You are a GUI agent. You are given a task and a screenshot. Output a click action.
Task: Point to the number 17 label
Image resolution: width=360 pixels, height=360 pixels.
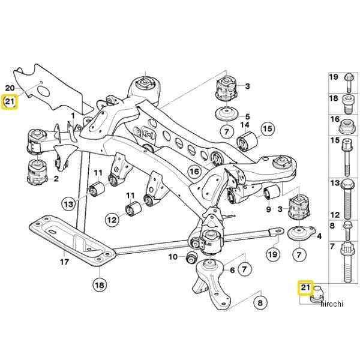tap(64, 262)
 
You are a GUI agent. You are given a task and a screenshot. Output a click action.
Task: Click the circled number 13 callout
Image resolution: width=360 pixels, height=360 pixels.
tap(69, 205)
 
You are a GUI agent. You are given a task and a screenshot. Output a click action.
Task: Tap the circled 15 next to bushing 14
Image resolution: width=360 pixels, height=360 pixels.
tap(267, 128)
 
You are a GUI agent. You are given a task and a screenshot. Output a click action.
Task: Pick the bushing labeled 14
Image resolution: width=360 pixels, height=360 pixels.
tap(247, 143)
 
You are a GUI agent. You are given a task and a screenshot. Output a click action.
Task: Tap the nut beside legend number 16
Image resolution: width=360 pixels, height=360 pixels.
tap(347, 127)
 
